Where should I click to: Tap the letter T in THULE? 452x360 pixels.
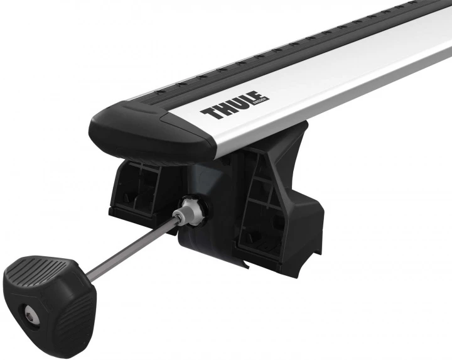click(x=208, y=116)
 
